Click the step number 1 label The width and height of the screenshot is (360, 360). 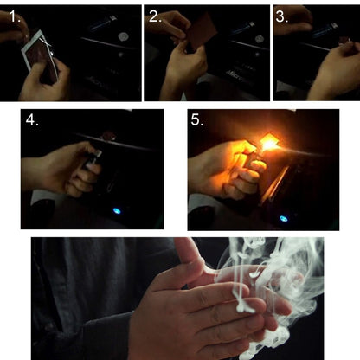pos(15,16)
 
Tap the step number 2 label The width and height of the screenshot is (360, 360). pos(155,16)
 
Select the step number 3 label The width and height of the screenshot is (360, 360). pos(281,16)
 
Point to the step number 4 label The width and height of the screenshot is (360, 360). pos(32,119)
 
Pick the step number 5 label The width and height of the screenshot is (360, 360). pos(197,119)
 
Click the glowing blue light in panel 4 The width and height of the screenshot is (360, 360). pos(117,211)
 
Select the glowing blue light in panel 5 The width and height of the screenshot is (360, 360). pos(283,218)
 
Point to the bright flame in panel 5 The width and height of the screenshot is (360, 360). pos(269,142)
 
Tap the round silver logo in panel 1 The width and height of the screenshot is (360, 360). pos(123,36)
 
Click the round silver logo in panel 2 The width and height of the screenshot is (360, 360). pos(260,39)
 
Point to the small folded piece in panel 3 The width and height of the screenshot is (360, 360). pos(344,41)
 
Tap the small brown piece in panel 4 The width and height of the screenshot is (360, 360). pos(107,136)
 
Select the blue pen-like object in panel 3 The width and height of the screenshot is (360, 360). pos(324,29)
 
